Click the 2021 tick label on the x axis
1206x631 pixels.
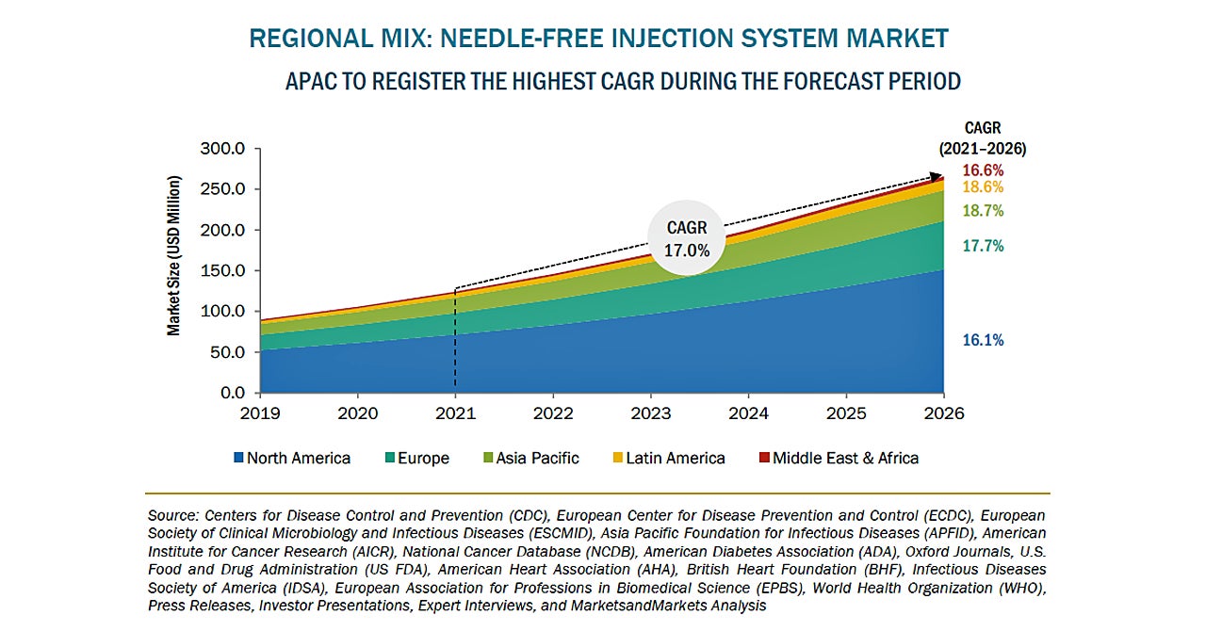point(455,413)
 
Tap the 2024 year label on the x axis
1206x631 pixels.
point(749,413)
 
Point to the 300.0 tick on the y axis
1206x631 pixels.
point(222,149)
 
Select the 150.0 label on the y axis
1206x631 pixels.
point(222,271)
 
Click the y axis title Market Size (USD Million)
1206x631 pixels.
point(174,256)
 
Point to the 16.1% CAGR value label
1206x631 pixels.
point(983,341)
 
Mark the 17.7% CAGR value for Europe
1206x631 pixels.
point(983,247)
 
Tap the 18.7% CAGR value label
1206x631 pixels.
point(983,211)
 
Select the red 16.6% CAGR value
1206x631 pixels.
point(983,170)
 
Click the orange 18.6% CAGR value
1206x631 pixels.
point(983,187)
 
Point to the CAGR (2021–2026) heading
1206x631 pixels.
point(983,138)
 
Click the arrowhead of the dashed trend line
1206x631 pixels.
point(938,175)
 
